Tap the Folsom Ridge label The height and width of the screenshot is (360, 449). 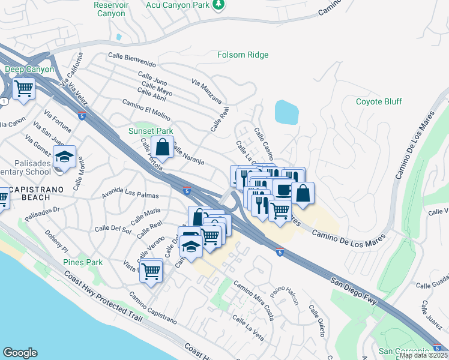pos(243,55)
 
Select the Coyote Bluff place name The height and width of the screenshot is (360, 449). pos(379,101)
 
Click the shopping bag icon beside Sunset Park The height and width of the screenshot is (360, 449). pos(162,146)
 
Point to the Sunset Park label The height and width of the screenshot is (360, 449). pos(151,130)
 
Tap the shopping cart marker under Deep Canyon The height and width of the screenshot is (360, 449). pos(24,89)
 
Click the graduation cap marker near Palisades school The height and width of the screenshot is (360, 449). pos(64,157)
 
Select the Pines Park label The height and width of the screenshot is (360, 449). pos(83,262)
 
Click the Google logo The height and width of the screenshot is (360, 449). pos(20,353)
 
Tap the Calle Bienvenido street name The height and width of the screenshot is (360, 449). pos(132,64)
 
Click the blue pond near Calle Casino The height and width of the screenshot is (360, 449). pos(286,112)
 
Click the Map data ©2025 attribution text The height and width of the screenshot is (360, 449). pos(424,355)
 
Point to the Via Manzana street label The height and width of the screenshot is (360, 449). pos(207,90)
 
